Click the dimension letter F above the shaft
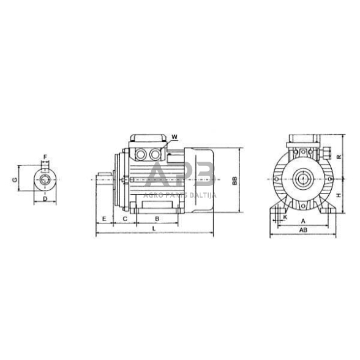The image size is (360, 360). [x=45, y=157]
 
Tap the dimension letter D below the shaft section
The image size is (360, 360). [x=45, y=200]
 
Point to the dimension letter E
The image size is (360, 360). [x=105, y=219]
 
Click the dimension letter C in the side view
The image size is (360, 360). [x=126, y=219]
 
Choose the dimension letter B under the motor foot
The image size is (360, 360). [x=157, y=219]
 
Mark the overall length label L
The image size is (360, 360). [x=154, y=229]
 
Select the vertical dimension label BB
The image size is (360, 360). [x=234, y=181]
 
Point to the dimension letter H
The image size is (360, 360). [x=337, y=195]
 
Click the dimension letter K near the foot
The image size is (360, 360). [x=285, y=217]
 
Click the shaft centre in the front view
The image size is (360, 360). [x=302, y=179]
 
